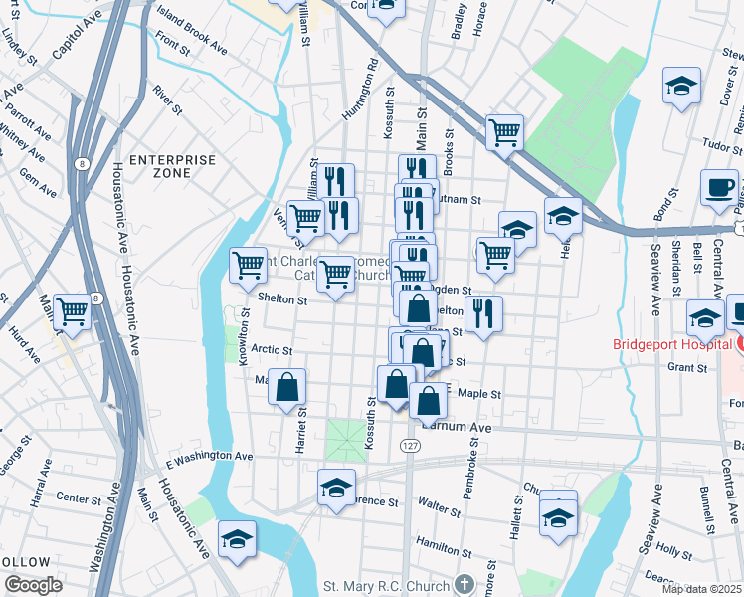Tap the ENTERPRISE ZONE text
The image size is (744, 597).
172,166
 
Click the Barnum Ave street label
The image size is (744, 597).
456,427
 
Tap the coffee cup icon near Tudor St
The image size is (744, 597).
718,186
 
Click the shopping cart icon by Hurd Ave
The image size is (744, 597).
73,310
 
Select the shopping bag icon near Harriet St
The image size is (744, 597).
286,387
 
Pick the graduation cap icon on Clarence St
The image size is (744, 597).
336,489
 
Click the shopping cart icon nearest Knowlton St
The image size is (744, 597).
249,265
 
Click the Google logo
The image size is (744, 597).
32,585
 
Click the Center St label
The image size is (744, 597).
73,497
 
